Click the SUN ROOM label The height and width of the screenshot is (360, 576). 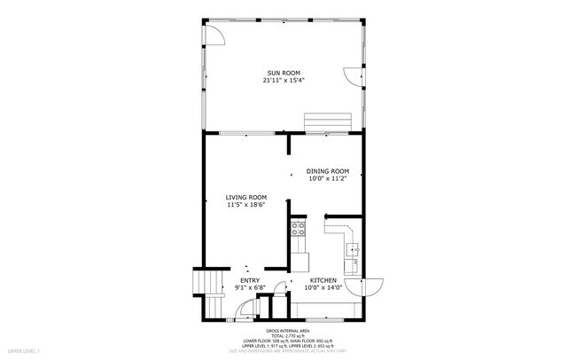[x=284, y=73]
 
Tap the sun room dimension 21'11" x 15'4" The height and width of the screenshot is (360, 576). [x=284, y=81]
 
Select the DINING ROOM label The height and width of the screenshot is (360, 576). [x=327, y=171]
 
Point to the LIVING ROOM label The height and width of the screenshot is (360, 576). [x=245, y=197]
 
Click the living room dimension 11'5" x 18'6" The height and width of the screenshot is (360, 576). [x=245, y=205]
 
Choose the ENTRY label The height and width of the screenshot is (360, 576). [x=249, y=280]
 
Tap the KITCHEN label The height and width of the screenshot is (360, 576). [x=323, y=280]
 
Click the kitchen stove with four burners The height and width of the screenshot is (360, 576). [x=299, y=229]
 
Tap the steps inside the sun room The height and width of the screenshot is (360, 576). [x=329, y=121]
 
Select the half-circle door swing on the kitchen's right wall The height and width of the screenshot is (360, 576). [x=365, y=287]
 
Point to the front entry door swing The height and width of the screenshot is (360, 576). [x=243, y=310]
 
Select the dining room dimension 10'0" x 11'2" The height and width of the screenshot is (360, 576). [x=327, y=179]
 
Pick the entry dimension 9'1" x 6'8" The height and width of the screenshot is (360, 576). [x=249, y=287]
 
